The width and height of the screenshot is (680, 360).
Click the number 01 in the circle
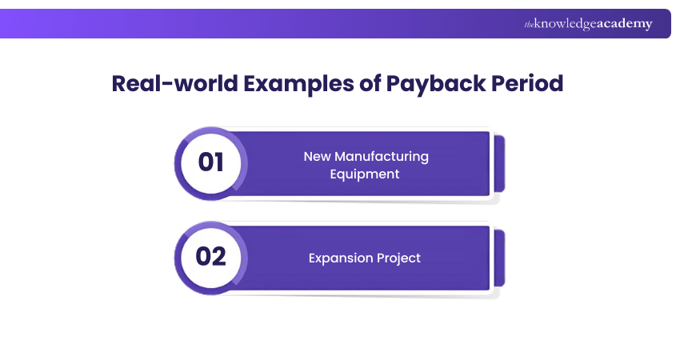click(211, 162)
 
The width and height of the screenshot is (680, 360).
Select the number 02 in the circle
click(211, 257)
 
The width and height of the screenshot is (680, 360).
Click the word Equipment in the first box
click(365, 174)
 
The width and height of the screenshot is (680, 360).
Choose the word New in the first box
click(318, 156)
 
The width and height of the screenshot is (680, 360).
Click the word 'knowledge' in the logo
click(565, 25)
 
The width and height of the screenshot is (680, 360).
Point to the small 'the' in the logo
click(529, 25)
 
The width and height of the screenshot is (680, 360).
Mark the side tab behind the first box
click(499, 163)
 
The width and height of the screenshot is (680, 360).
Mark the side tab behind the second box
click(499, 258)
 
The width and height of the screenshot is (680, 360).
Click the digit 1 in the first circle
click(219, 162)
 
